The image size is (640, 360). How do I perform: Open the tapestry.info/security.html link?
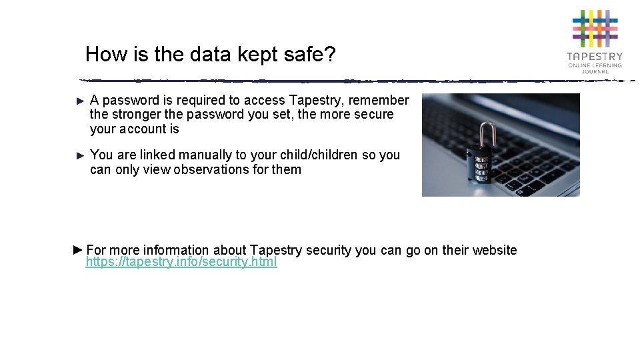coord(181,262)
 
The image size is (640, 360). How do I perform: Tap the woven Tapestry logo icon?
coord(595,29)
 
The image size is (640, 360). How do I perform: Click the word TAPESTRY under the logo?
coord(595,57)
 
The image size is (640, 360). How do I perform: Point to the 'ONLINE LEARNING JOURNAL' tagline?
coord(595,68)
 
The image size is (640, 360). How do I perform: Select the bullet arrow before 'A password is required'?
coord(81,101)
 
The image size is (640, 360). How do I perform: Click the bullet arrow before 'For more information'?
coord(77,250)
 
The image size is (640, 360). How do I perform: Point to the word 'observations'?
coord(211,170)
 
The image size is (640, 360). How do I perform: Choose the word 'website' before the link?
coord(494,251)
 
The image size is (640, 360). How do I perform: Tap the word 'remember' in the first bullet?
coord(379,101)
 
